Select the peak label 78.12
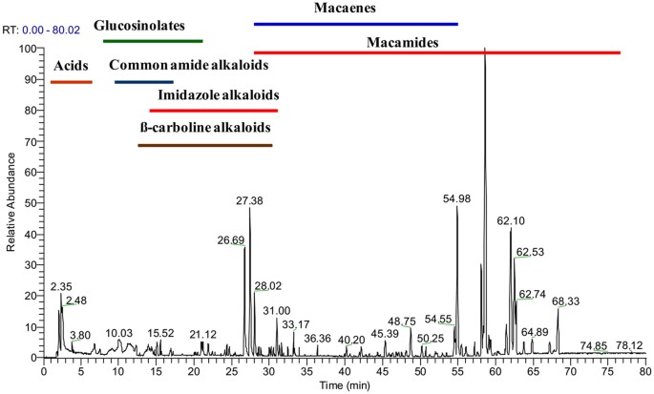pos(629,345)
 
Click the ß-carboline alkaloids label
pos(204,127)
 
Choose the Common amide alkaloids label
pos(188,66)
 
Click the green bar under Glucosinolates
pos(153,41)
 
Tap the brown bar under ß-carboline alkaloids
pos(205,145)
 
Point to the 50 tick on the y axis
pos(32,203)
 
